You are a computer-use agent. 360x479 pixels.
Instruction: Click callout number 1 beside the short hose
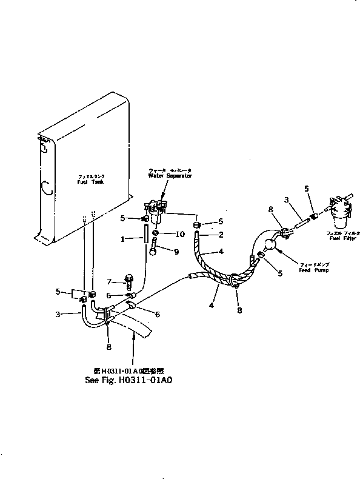pos(123,239)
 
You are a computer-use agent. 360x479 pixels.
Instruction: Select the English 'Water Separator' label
pos(170,175)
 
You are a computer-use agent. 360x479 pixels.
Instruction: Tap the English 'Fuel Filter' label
pos(342,238)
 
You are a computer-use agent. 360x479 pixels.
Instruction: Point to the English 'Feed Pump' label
pos(313,270)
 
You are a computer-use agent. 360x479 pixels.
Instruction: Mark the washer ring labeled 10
pos(156,234)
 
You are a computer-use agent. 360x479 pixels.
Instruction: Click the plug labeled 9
pos(156,249)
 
